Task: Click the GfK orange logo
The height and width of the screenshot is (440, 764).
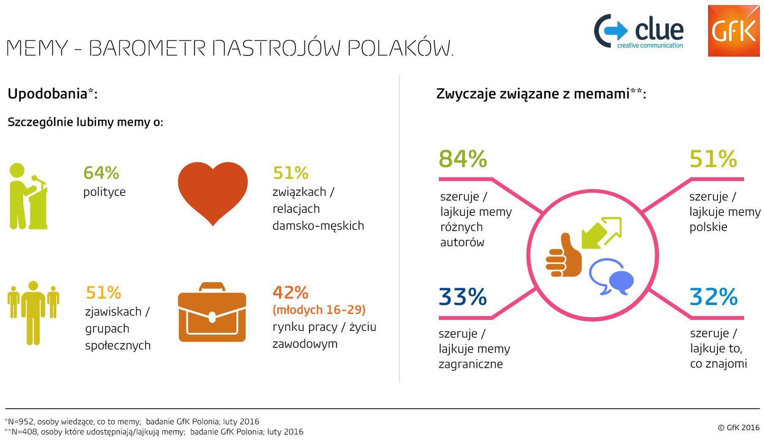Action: coord(733,31)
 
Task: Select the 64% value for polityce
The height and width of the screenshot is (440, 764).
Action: coord(101,173)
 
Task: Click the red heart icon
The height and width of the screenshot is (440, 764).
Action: coord(213,192)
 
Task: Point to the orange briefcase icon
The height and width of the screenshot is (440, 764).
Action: coord(212,313)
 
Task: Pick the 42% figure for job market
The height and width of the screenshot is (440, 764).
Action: coord(290,292)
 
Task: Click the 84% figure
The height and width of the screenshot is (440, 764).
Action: coord(463,159)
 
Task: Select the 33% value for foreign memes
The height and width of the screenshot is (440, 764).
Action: coord(463,297)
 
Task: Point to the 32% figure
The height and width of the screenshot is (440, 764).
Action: coord(713,297)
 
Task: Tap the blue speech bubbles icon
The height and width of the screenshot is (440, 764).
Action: coord(611,278)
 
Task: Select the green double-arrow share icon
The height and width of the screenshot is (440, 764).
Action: coord(601,232)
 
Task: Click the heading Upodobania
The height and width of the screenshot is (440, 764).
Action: coord(47,94)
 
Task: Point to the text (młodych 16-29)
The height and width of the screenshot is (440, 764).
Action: coord(319,310)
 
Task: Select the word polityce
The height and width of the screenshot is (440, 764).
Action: coord(104,192)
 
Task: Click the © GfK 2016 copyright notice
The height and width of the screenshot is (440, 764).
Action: coord(738,427)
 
